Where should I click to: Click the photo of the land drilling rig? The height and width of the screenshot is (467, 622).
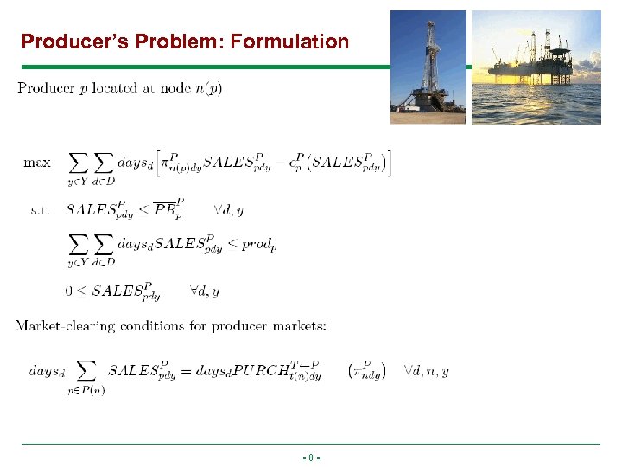click(x=428, y=67)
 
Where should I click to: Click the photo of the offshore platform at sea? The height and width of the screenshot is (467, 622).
click(x=536, y=67)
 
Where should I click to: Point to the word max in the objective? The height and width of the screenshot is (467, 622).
click(x=37, y=162)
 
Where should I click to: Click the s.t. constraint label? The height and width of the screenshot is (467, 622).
click(x=37, y=209)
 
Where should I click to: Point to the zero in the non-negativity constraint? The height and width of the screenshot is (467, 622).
click(x=68, y=291)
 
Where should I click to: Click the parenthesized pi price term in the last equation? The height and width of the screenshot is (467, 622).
click(x=367, y=370)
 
